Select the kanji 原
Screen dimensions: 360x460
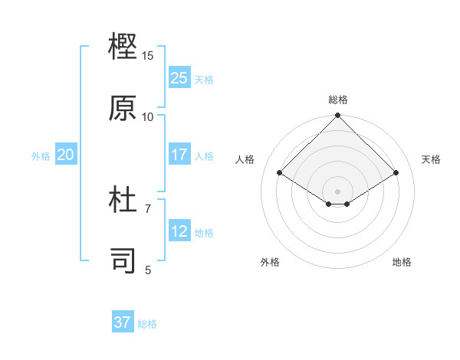[123, 109]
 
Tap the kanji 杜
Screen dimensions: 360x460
[123, 201]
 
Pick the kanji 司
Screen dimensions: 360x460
[123, 260]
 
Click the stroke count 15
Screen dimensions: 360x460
[148, 56]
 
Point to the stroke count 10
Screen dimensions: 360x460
[148, 116]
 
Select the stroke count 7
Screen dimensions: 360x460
[148, 208]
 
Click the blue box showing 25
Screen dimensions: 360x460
[179, 78]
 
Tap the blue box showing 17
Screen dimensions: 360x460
[179, 155]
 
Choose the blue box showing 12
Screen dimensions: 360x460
[179, 231]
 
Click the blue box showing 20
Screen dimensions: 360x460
[66, 155]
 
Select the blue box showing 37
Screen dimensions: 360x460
[123, 322]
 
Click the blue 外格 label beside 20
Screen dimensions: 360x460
[41, 155]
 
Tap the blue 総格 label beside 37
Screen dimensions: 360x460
[147, 324]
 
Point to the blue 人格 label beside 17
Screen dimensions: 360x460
[204, 155]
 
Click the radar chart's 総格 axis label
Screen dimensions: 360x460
[338, 100]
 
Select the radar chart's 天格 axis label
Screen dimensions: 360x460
[432, 159]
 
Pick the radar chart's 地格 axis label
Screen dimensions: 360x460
[402, 262]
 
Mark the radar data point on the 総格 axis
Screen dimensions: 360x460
[337, 116]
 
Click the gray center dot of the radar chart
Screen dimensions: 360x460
[337, 191]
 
